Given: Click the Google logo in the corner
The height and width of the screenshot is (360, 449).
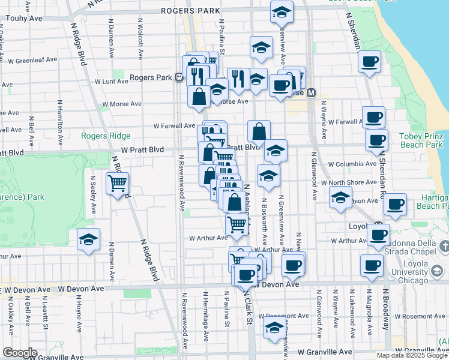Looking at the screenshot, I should [x=20, y=353].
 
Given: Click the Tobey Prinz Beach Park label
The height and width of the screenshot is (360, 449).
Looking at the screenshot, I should [x=421, y=140].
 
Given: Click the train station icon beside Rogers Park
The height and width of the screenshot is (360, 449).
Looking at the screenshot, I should [x=179, y=77].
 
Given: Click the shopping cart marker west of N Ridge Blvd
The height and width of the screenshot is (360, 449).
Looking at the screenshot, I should [x=117, y=182].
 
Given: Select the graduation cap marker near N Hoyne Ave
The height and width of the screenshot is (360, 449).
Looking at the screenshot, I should [x=88, y=240].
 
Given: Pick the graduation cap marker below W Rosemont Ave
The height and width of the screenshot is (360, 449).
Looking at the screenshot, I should [x=274, y=329].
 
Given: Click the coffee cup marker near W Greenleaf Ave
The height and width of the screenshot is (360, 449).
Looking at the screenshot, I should [x=369, y=61].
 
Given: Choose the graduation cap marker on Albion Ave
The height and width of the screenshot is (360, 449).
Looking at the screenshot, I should [x=340, y=197].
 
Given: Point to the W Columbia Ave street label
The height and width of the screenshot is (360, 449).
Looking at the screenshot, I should [x=352, y=163].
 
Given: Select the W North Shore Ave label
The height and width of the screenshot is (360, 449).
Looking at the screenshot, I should [x=349, y=182].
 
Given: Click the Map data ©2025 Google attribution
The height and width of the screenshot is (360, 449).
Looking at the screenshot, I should [x=412, y=355].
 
